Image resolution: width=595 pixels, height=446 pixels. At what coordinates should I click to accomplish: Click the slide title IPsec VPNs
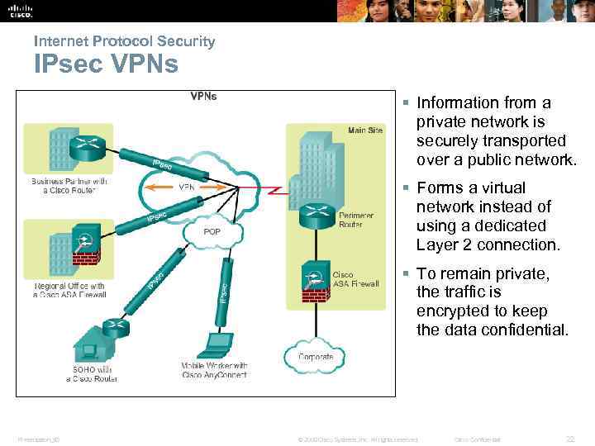click(x=106, y=64)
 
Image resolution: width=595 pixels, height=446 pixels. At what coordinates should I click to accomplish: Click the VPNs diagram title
click(x=203, y=96)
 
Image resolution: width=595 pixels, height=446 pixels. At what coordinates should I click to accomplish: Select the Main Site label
click(x=365, y=130)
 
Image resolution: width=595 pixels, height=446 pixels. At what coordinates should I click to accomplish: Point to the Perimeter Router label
click(x=356, y=220)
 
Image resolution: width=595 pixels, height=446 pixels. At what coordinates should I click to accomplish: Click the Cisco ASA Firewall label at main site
click(x=355, y=278)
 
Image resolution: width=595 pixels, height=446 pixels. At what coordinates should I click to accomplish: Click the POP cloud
click(x=212, y=232)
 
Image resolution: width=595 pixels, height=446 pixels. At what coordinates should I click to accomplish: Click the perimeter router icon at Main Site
click(x=315, y=216)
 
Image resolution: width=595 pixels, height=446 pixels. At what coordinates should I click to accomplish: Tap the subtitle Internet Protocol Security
click(x=124, y=40)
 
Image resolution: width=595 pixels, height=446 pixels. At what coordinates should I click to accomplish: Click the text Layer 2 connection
click(x=488, y=244)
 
